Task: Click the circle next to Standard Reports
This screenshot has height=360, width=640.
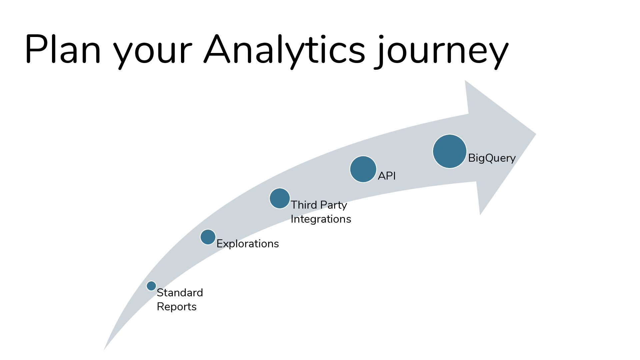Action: click(x=151, y=286)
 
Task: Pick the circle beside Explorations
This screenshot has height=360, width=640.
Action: click(x=208, y=237)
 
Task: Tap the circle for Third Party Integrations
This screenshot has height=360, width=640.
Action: click(x=280, y=198)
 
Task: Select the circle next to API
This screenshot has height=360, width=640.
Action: click(x=363, y=169)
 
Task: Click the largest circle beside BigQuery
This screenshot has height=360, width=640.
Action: click(x=450, y=151)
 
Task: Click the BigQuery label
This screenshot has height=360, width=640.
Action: click(x=492, y=158)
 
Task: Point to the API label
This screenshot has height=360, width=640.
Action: click(x=387, y=176)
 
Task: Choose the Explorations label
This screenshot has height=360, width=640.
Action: click(x=248, y=244)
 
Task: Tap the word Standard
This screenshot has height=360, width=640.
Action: click(x=180, y=293)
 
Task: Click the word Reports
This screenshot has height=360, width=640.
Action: click(x=177, y=307)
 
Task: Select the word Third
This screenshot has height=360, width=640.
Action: click(x=304, y=205)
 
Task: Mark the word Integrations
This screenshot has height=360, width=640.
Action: click(x=321, y=219)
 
